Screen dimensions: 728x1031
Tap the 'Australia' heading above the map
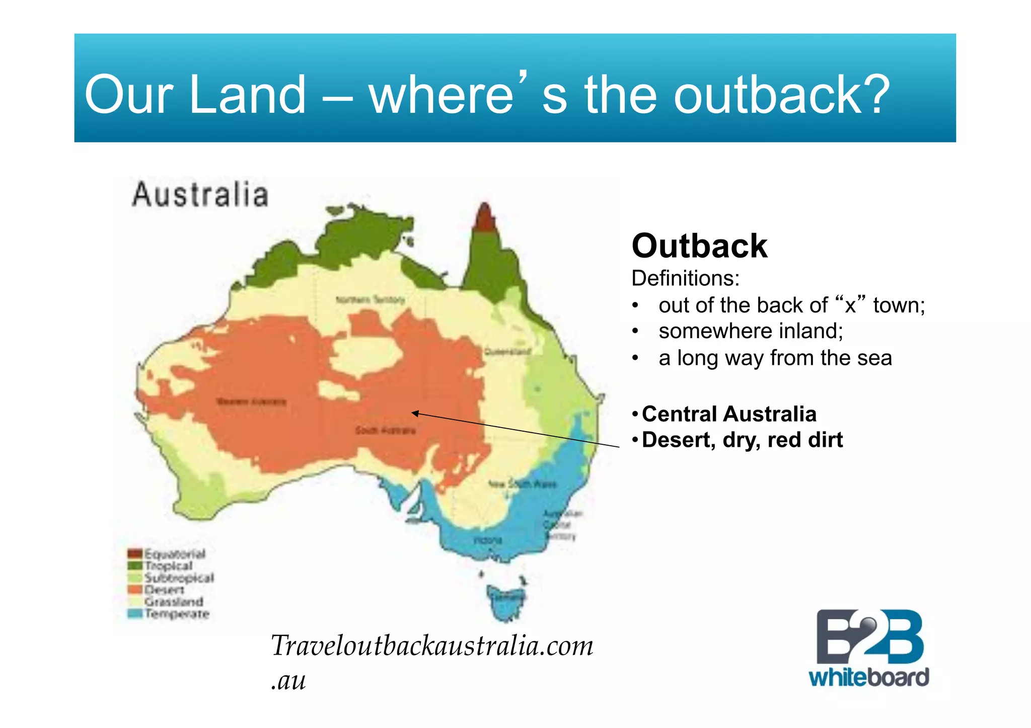click(x=200, y=195)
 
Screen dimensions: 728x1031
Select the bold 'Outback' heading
click(x=699, y=246)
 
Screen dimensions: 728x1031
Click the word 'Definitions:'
click(x=685, y=278)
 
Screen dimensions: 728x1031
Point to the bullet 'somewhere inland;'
click(x=751, y=331)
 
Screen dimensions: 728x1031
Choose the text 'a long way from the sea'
click(x=775, y=358)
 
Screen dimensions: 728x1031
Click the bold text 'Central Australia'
click(x=729, y=414)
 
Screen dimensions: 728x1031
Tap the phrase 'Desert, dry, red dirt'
click(x=742, y=440)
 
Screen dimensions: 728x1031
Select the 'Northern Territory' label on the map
click(x=371, y=300)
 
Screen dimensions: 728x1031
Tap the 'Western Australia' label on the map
click(x=251, y=401)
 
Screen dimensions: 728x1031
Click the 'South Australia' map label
click(x=385, y=430)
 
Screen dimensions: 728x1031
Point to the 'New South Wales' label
click(x=522, y=484)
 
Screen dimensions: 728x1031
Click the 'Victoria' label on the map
click(x=488, y=540)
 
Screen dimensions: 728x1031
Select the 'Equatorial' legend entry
click(x=174, y=554)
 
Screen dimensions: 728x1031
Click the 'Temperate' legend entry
click(x=176, y=614)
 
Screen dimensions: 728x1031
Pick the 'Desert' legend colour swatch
click(x=135, y=590)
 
